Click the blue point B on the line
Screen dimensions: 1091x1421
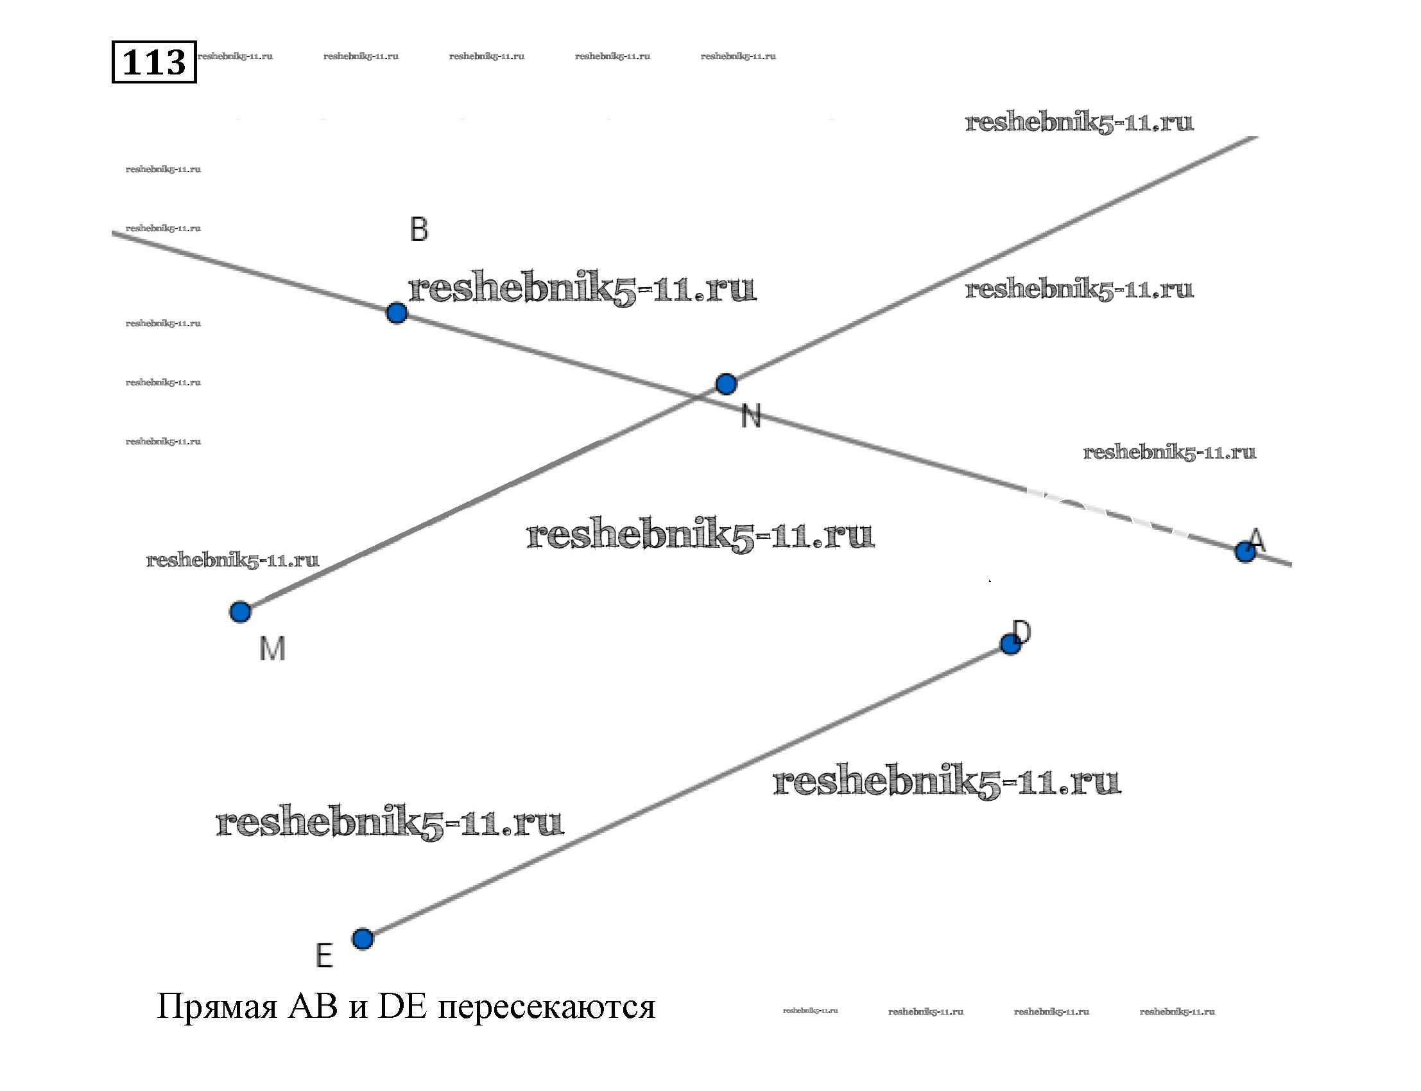(396, 313)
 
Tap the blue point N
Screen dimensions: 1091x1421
(726, 384)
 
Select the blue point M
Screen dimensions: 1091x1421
(240, 612)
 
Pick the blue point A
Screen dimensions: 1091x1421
(1244, 552)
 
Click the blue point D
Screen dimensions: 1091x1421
(1010, 644)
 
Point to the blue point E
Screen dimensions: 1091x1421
(362, 939)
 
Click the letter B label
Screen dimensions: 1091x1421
(418, 229)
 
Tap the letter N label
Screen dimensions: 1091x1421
(750, 415)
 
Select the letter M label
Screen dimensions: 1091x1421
(272, 648)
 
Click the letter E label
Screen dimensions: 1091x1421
(324, 956)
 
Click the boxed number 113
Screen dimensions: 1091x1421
(154, 62)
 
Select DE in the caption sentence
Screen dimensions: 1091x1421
(402, 1006)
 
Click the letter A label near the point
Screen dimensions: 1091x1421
(1257, 539)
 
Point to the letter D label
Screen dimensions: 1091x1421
(1021, 631)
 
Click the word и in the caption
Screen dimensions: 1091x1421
(357, 1009)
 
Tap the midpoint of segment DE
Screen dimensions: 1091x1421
(686, 792)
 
